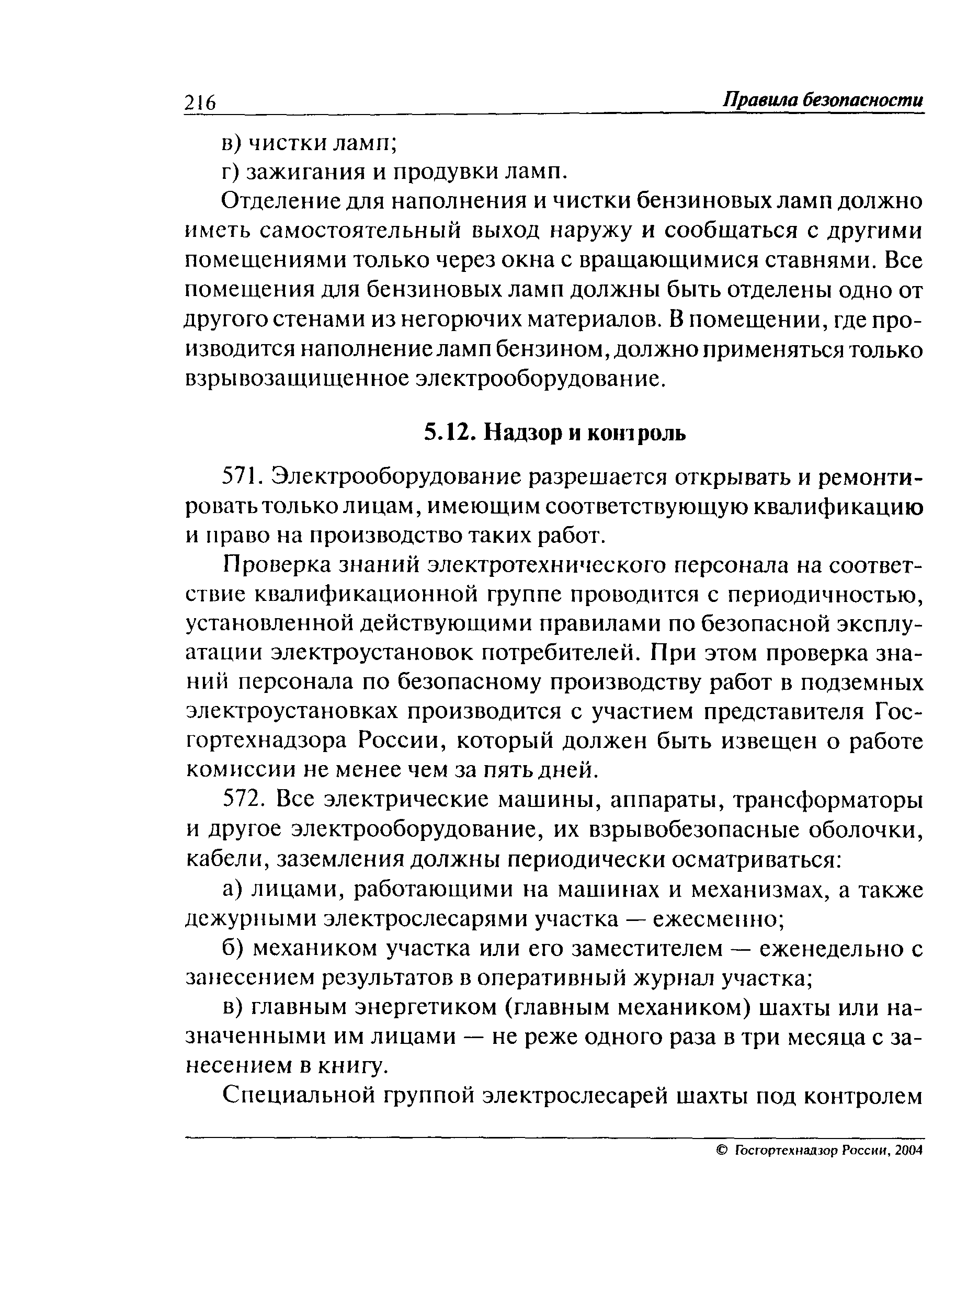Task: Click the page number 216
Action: [200, 103]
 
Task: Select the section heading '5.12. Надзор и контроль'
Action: [555, 432]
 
